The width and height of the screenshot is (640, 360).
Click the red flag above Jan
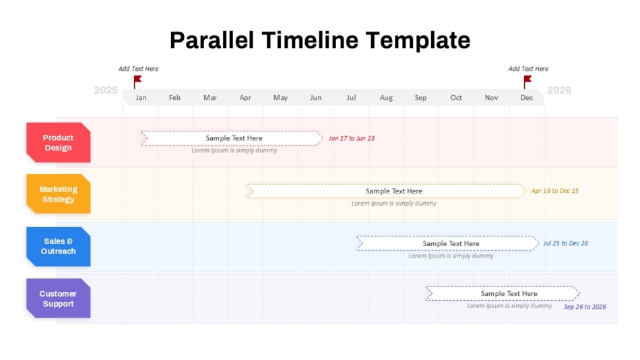(x=137, y=81)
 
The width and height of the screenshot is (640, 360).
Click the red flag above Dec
(x=527, y=81)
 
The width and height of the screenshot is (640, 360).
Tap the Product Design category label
(x=59, y=143)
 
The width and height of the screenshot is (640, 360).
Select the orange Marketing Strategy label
(x=59, y=194)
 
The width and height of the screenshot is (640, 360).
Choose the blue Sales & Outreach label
(x=59, y=246)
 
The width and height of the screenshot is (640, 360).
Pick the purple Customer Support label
(x=59, y=299)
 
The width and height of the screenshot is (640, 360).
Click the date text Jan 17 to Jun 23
(x=352, y=138)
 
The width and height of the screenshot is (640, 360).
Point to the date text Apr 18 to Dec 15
(x=554, y=191)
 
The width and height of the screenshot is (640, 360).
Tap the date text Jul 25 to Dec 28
(x=566, y=243)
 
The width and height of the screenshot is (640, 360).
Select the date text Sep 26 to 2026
(x=585, y=307)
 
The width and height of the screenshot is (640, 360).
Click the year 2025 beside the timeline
(x=106, y=90)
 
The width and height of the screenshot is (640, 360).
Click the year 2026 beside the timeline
(x=559, y=90)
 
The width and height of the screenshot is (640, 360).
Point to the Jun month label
(x=316, y=98)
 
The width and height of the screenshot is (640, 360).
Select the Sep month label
(x=421, y=98)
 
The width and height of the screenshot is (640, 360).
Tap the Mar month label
(x=210, y=98)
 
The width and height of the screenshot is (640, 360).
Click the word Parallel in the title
(x=212, y=40)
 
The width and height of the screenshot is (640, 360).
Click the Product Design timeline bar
(x=232, y=138)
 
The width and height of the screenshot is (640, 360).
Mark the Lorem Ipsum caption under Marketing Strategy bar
(x=394, y=203)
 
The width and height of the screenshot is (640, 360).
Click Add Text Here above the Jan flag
(x=138, y=69)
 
